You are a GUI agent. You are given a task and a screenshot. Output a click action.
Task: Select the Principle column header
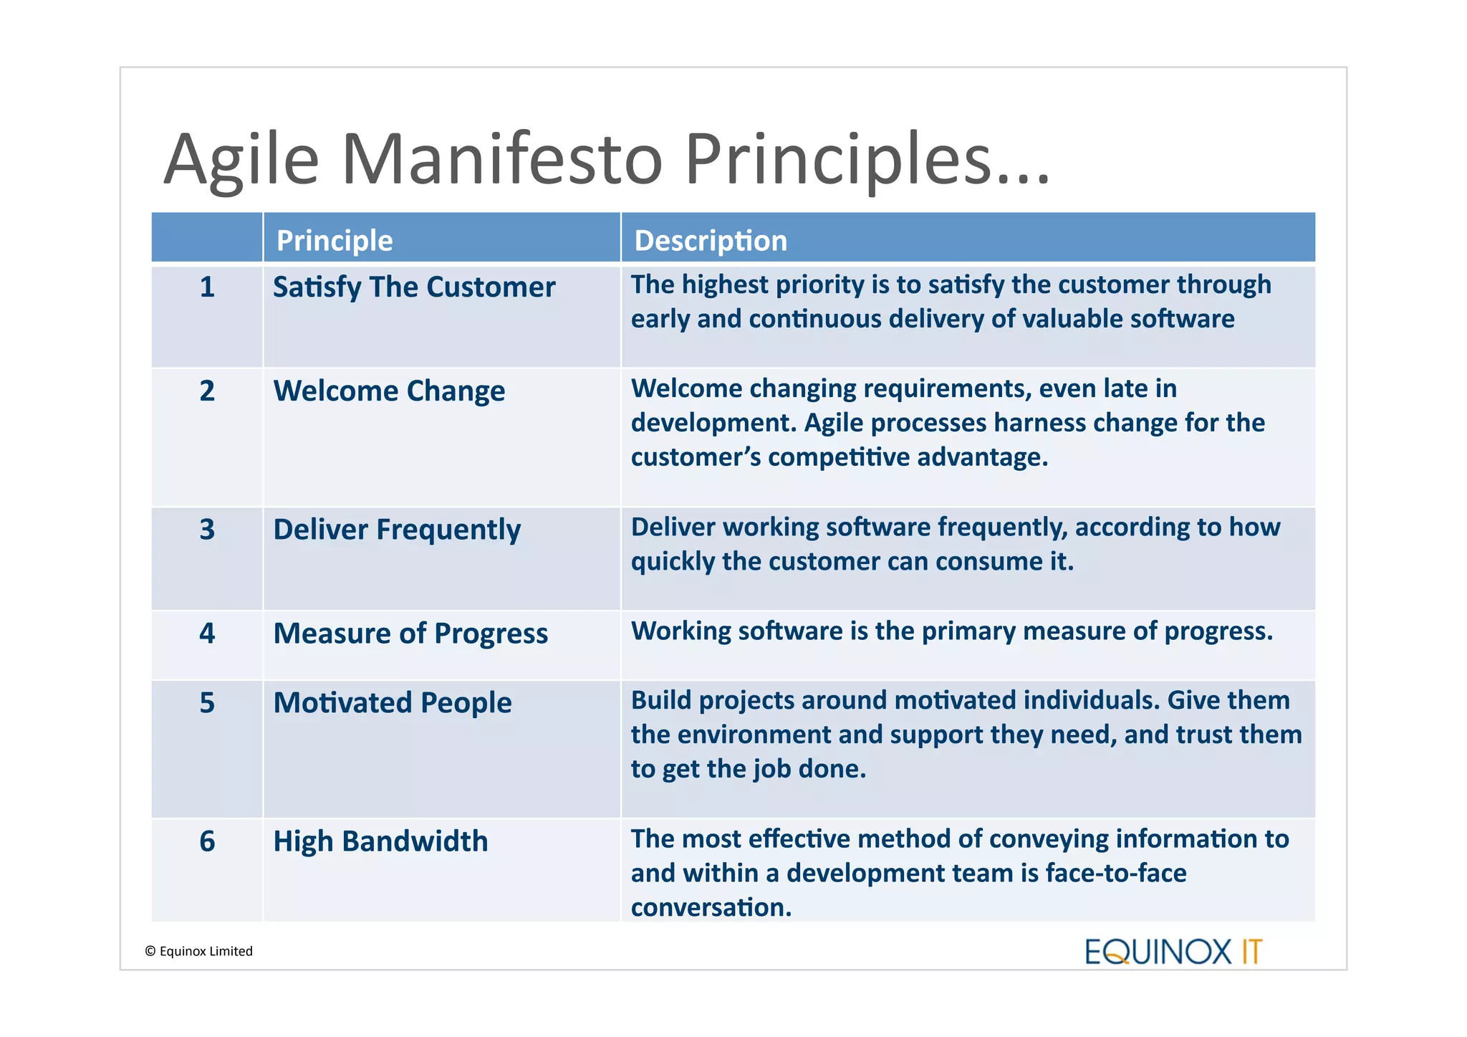coord(334,241)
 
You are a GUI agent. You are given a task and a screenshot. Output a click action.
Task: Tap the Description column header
coord(710,241)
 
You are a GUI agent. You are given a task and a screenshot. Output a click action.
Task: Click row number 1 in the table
coord(207,287)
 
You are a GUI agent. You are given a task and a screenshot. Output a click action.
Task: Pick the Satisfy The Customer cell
coord(413,287)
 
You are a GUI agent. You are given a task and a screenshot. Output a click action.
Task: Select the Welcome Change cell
coord(389,391)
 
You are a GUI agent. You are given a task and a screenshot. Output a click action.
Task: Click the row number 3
coord(207,530)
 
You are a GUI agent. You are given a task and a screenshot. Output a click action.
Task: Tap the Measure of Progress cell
coord(410,634)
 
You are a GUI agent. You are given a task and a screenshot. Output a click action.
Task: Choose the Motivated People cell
coord(393,703)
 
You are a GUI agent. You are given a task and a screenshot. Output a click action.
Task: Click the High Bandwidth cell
coord(380,841)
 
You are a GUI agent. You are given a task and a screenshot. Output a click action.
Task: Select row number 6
coord(207,841)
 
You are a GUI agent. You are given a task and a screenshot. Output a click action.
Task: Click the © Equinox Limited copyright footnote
coord(198,951)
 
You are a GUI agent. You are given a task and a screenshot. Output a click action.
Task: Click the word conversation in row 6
coord(710,908)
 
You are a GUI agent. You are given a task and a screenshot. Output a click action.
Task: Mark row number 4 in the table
coord(207,634)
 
